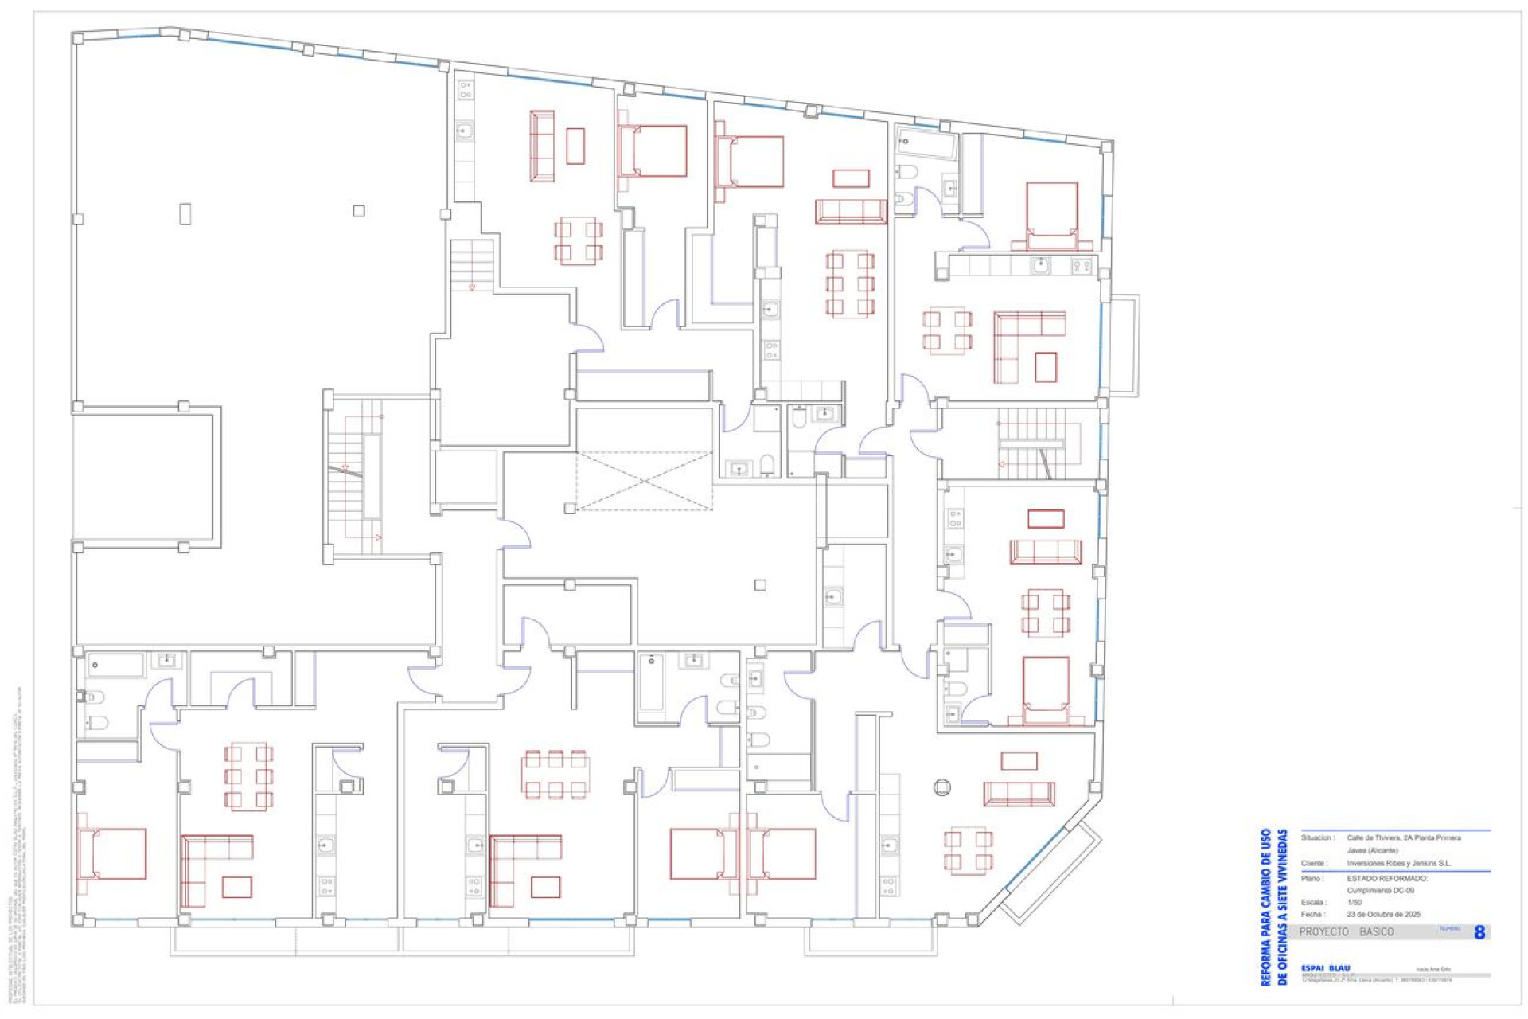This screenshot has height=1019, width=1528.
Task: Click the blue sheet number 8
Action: (1479, 932)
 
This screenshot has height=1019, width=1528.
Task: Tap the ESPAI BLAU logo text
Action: (1325, 968)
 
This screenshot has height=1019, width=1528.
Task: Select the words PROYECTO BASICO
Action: (1347, 931)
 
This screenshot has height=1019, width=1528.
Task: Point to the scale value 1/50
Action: (1355, 902)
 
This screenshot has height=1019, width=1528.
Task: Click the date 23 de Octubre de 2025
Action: (1383, 914)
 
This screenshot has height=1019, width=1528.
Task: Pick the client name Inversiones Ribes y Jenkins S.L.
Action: (1398, 863)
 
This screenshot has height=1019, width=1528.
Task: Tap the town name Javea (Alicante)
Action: (1372, 850)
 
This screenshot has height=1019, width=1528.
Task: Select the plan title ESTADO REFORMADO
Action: (1387, 878)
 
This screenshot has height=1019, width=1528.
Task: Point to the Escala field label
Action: (1314, 902)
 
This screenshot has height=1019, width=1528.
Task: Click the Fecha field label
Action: (1312, 914)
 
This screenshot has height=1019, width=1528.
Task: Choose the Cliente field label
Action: (1314, 863)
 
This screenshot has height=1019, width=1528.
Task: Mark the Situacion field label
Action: (1318, 837)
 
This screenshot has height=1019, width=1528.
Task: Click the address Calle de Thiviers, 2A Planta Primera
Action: (1404, 837)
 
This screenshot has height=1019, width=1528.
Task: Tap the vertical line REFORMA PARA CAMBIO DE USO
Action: (1265, 907)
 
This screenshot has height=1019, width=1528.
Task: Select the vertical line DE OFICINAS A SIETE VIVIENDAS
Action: (1281, 907)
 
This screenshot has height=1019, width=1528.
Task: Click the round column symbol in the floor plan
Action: (941, 787)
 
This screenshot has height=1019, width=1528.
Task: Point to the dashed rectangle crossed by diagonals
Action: (644, 480)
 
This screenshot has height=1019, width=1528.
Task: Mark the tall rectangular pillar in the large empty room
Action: (185, 213)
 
